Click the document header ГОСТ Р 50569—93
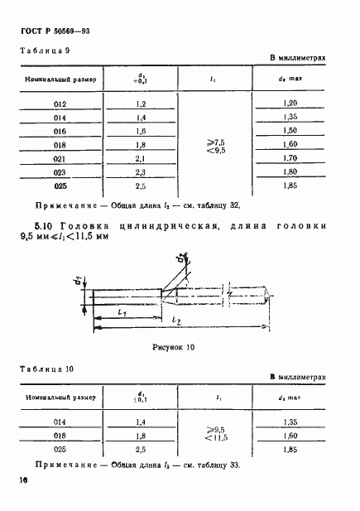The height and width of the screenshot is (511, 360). [55, 31]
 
